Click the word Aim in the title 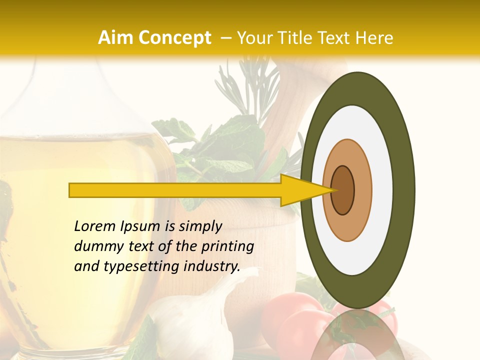116,38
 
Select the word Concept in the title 174,38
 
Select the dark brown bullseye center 342,190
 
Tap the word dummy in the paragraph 95,246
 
